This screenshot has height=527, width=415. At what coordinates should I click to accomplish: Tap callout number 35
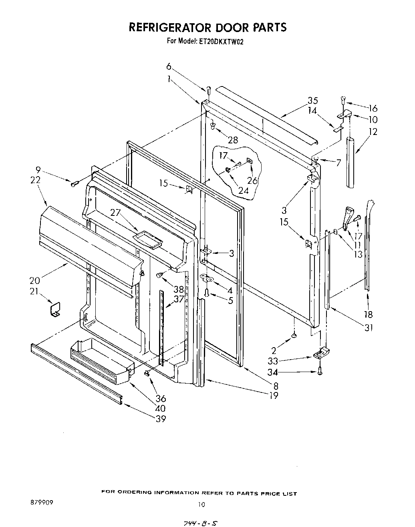pyautogui.click(x=313, y=101)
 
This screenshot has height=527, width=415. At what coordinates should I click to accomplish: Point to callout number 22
pyautogui.click(x=35, y=180)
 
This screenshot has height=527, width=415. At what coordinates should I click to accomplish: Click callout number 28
pyautogui.click(x=232, y=140)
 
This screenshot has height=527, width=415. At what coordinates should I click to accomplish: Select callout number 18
pyautogui.click(x=368, y=314)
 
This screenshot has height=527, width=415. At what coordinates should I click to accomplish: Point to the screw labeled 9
pyautogui.click(x=74, y=184)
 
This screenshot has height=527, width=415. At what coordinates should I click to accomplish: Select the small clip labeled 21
pyautogui.click(x=54, y=309)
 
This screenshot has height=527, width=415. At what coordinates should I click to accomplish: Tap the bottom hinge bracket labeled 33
pyautogui.click(x=321, y=353)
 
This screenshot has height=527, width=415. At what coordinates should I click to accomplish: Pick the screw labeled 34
pyautogui.click(x=320, y=372)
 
